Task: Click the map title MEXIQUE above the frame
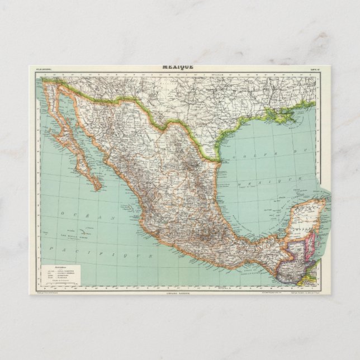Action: [x=178, y=66]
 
